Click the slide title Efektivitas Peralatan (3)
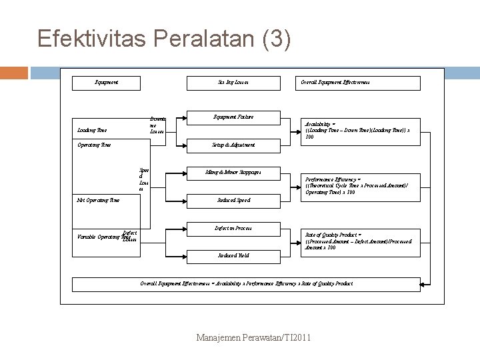click(164, 39)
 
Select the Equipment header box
click(107, 83)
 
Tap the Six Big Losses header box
click(229, 83)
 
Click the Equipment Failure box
click(229, 117)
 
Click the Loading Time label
click(91, 131)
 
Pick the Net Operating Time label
click(99, 199)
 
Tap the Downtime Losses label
click(157, 125)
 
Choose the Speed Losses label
click(143, 179)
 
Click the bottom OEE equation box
click(247, 283)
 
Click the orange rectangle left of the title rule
click(14, 73)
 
